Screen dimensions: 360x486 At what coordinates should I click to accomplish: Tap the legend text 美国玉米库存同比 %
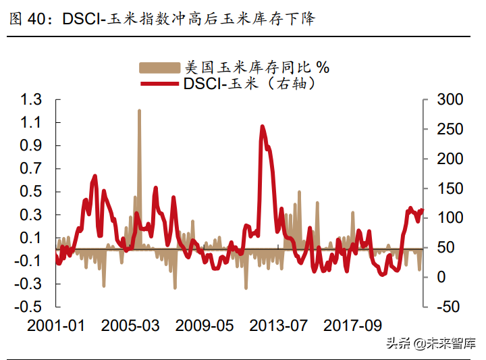point(256,68)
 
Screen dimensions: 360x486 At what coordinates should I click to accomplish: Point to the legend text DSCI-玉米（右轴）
point(250,84)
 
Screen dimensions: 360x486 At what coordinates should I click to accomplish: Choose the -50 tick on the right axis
point(446,307)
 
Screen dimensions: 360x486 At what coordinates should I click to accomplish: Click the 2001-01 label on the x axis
point(57,326)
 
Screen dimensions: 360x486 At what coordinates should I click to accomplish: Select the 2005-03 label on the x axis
point(131,326)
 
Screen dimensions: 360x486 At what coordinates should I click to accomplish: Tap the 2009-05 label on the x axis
point(205,326)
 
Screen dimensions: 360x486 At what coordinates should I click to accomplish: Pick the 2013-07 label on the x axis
point(279,326)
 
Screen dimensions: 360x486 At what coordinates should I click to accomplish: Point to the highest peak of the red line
point(262,126)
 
